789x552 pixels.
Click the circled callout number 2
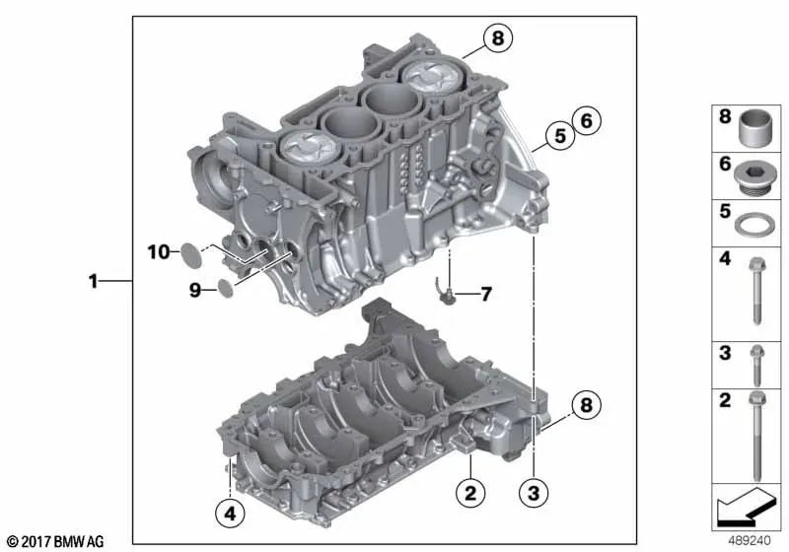[x=470, y=492]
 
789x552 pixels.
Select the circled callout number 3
[x=534, y=492]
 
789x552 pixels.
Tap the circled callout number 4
[x=230, y=514]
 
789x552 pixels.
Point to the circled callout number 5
[x=560, y=135]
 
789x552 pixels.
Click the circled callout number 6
[x=586, y=120]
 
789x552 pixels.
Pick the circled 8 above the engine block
[x=498, y=37]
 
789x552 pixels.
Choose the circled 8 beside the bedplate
[x=586, y=404]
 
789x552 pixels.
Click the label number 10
[x=159, y=251]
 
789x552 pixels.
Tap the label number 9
[x=195, y=290]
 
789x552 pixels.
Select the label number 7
[x=485, y=294]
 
